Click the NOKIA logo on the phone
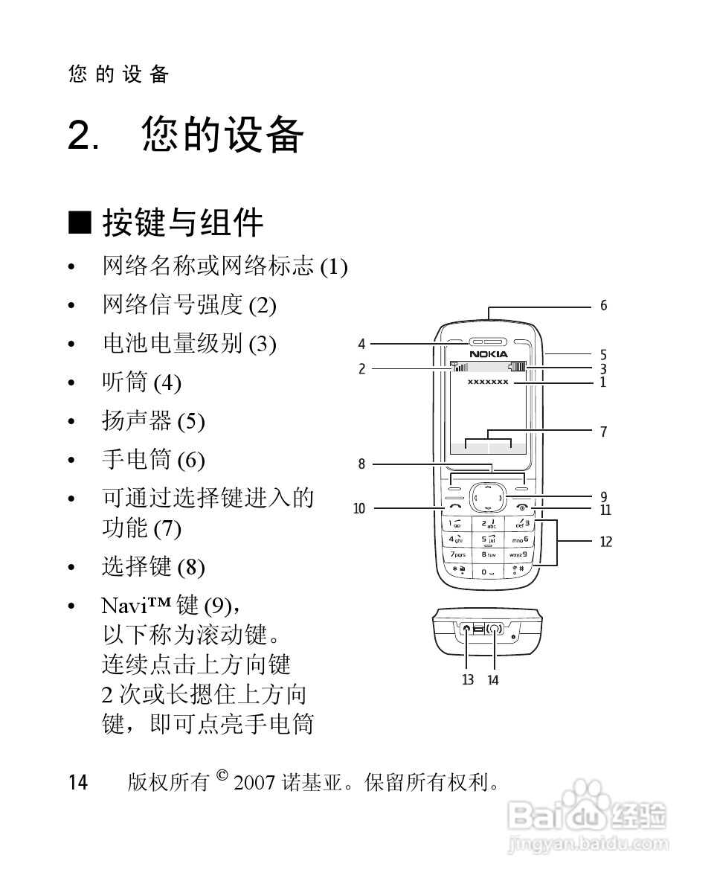pyautogui.click(x=488, y=353)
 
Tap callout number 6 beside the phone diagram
pyautogui.click(x=603, y=306)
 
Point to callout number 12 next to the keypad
pyautogui.click(x=606, y=542)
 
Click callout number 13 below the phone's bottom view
pyautogui.click(x=467, y=679)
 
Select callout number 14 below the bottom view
pyautogui.click(x=493, y=679)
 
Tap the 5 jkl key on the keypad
pyautogui.click(x=488, y=539)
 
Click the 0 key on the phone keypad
pyautogui.click(x=488, y=571)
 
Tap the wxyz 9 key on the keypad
pyautogui.click(x=518, y=555)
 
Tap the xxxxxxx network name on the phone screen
pyautogui.click(x=488, y=382)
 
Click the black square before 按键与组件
pyautogui.click(x=80, y=222)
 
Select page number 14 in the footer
pyautogui.click(x=78, y=783)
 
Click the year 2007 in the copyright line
pyautogui.click(x=254, y=783)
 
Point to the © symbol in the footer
pyautogui.click(x=222, y=776)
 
